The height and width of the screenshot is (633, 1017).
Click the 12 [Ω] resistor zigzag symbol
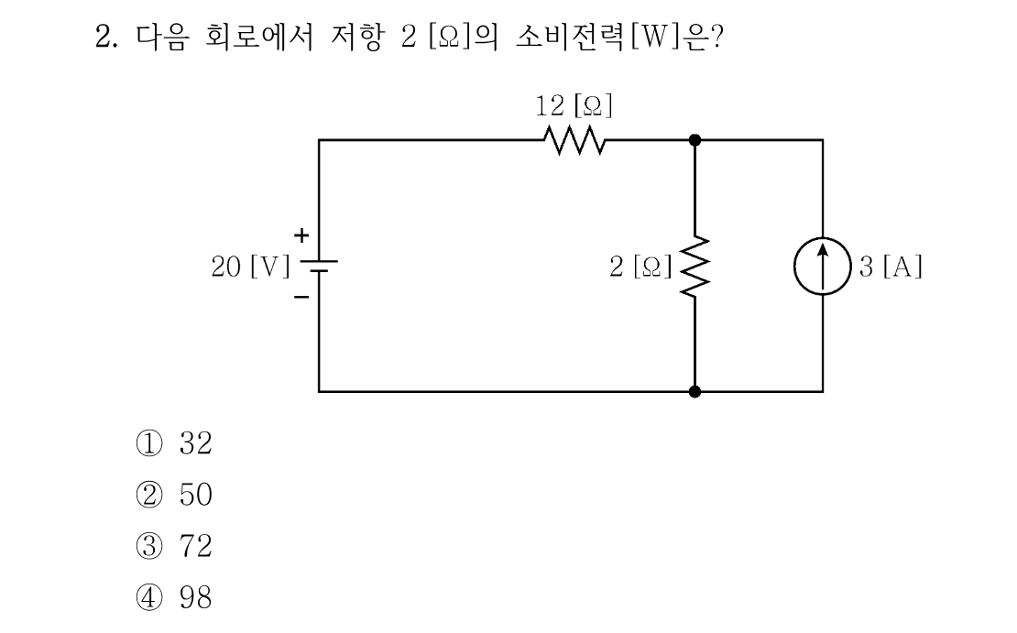[x=574, y=140]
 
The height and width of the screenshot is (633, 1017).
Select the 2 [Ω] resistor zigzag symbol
[x=694, y=267]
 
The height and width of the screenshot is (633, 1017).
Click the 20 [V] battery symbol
[x=319, y=266]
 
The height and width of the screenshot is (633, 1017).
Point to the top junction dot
[x=694, y=140]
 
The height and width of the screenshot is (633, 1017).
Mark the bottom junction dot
[x=694, y=392]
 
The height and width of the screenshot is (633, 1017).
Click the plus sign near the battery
[x=301, y=235]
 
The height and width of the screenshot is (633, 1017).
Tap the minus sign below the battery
[x=301, y=297]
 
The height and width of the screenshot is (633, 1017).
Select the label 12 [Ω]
[x=574, y=105]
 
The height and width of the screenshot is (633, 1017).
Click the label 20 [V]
[x=251, y=267]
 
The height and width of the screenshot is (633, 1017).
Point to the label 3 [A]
[x=891, y=267]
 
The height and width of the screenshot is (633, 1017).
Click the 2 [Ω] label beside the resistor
[x=640, y=267]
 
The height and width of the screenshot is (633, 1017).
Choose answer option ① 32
[x=174, y=443]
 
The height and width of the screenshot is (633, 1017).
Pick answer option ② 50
[x=174, y=495]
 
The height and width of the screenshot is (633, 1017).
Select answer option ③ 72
[x=174, y=546]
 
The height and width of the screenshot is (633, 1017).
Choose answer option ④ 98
[x=174, y=597]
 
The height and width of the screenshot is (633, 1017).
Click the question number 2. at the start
[x=106, y=37]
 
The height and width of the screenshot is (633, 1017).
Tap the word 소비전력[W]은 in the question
[x=612, y=37]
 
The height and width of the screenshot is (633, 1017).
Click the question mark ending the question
[x=716, y=37]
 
